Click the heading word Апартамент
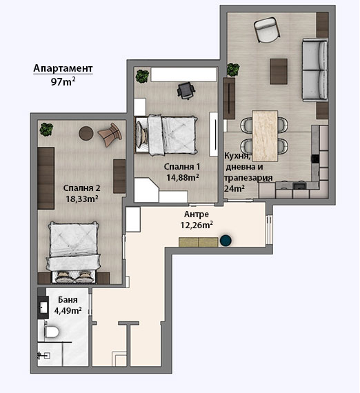point(63,68)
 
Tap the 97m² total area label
point(63,81)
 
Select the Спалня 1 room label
point(182,167)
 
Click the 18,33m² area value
point(82,199)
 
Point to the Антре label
point(197,214)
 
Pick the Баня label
point(68,299)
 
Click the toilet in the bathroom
point(51,332)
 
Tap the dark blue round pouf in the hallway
point(226,240)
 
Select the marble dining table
point(265,136)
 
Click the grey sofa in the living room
point(315,70)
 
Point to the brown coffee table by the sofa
point(279,71)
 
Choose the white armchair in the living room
point(267,29)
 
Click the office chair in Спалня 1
point(186,91)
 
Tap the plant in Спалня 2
point(46,130)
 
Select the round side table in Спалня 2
point(86,133)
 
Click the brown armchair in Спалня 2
point(110,135)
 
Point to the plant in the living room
point(233,70)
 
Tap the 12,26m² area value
point(197,225)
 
